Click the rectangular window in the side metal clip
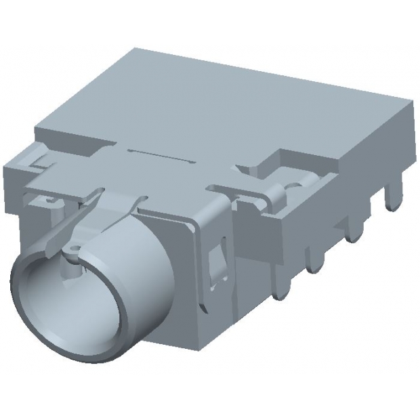click(x=218, y=264)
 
